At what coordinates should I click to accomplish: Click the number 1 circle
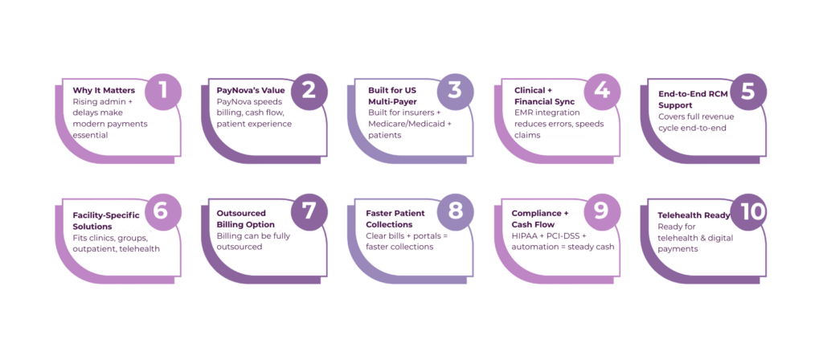(163, 91)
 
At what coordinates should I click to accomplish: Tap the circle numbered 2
(309, 91)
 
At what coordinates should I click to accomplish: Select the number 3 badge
(455, 91)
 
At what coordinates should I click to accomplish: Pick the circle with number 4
(601, 91)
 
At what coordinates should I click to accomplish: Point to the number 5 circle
(747, 91)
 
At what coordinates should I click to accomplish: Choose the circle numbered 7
(309, 212)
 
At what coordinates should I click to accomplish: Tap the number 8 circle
(455, 212)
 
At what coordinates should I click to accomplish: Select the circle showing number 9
(601, 212)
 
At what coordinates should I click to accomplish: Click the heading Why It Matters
(104, 91)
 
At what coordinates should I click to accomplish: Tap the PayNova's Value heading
(251, 91)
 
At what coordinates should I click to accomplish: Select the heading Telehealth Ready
(694, 215)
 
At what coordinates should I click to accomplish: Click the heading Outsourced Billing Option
(246, 219)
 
